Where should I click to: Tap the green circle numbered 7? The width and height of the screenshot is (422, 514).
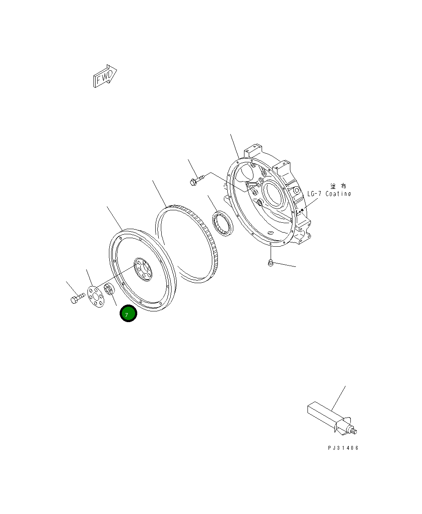(x=128, y=314)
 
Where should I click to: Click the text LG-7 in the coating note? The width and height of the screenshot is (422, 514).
(x=314, y=194)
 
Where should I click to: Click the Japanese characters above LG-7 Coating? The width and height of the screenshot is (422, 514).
(x=338, y=186)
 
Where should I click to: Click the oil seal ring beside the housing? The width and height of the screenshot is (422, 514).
(x=222, y=223)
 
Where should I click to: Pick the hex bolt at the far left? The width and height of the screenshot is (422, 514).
(x=75, y=298)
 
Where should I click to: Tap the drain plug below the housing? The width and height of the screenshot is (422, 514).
(x=270, y=263)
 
